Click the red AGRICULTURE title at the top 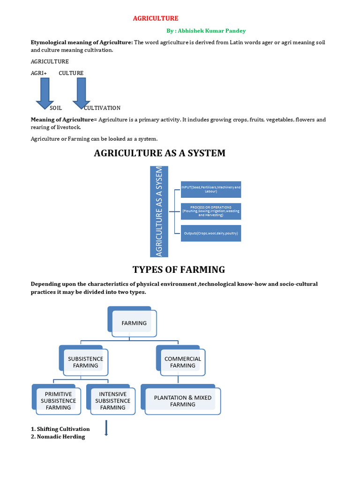(x=156, y=18)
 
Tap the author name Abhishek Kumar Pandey (x=206, y=31)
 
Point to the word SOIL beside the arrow (x=56, y=108)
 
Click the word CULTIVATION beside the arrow (x=102, y=108)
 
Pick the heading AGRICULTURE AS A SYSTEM (x=160, y=153)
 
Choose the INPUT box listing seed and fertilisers (x=211, y=189)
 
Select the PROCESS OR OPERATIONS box (x=211, y=211)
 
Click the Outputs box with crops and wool (x=211, y=233)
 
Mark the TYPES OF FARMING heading (x=179, y=270)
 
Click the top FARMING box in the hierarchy (x=134, y=323)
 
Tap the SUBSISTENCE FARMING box (x=85, y=362)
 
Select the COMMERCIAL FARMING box (x=183, y=362)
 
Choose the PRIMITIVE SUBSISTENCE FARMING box (x=58, y=401)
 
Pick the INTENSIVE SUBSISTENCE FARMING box (x=112, y=401)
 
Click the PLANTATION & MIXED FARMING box (x=183, y=401)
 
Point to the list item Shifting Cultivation (x=60, y=429)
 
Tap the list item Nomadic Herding (x=58, y=436)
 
